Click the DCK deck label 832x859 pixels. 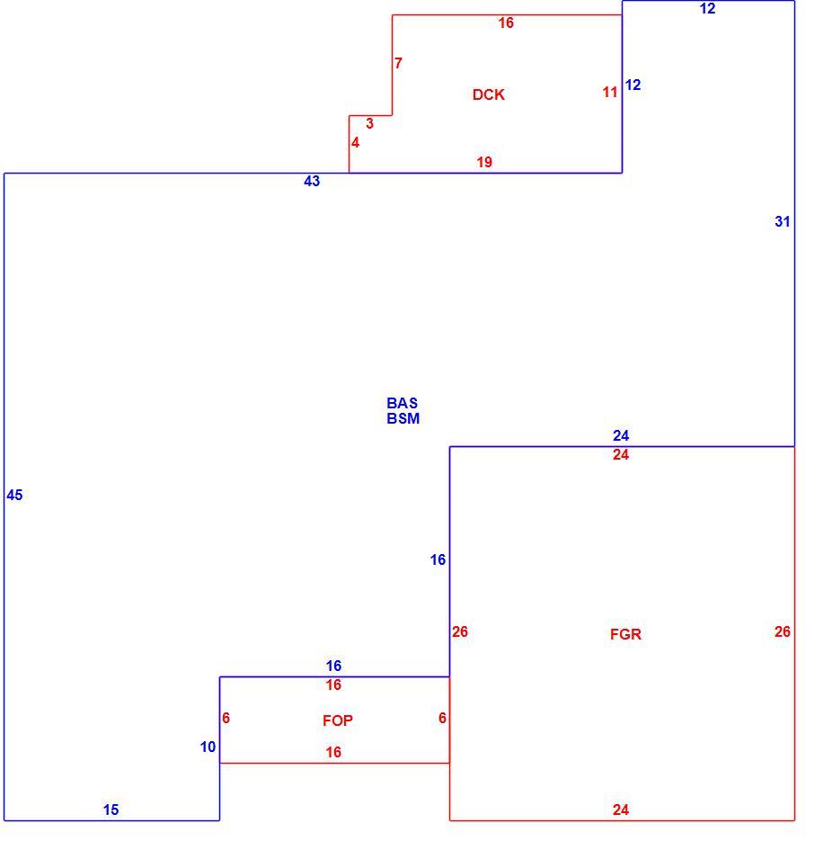488,94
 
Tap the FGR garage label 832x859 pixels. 625,634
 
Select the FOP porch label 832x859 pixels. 338,720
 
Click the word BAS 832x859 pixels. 403,403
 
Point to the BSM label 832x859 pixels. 403,418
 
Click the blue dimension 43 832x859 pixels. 312,182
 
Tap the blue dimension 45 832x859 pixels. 14,496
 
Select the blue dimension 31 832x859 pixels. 783,222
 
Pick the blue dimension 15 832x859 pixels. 111,810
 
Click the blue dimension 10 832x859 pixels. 208,747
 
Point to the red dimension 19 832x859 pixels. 484,162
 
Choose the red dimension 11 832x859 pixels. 610,92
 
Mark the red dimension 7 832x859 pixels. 399,64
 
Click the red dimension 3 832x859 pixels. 370,124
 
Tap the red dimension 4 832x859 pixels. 356,142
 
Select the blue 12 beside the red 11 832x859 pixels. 633,85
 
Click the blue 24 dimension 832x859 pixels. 621,435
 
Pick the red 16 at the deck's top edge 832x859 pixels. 507,23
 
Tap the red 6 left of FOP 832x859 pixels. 226,718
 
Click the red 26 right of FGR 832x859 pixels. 783,631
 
